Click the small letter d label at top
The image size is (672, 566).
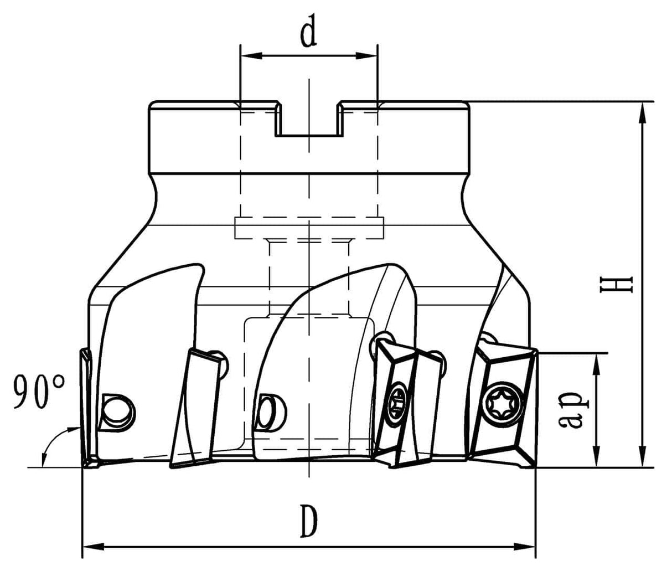coord(308,33)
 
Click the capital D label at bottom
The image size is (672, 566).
coord(309,521)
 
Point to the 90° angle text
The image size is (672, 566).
coord(39,392)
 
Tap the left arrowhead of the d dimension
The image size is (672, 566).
coord(247,55)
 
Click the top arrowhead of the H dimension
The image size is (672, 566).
coord(642,110)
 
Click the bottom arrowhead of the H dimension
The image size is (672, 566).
coord(642,459)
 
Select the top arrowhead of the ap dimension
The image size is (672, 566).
coord(596,361)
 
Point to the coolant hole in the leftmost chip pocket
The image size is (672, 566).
coord(117,411)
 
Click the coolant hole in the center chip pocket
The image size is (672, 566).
coord(271,411)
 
